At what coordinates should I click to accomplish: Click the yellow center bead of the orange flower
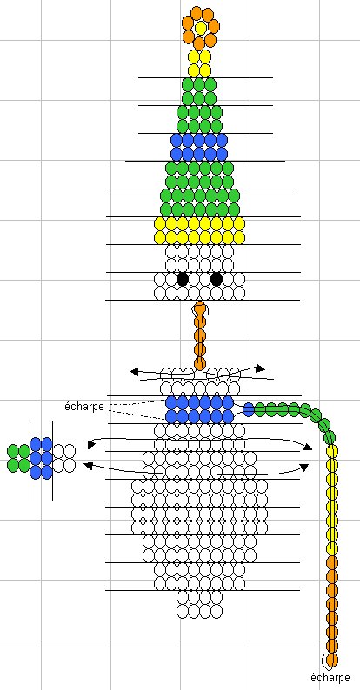coord(201,28)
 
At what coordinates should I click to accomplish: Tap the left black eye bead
coord(183,279)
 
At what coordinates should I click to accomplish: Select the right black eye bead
coord(217,279)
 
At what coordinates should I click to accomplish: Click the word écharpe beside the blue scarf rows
coord(84,406)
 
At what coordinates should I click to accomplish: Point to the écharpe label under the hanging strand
coord(330,677)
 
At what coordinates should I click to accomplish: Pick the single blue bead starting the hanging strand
coord(249,409)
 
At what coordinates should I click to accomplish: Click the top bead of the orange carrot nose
coord(200,308)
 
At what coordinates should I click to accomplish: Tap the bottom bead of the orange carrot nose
coord(200,364)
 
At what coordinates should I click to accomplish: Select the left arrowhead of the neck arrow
coord(134,371)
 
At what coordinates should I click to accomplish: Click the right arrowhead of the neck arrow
coord(262,368)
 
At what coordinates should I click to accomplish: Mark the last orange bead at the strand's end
coord(332,660)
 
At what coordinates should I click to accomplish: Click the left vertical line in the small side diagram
coord(30,461)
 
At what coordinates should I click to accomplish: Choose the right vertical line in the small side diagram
coord(53,461)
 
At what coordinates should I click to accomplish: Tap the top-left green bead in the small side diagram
coord(13,451)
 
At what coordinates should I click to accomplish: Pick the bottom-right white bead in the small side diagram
coord(70,465)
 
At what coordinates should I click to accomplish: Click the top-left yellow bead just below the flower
coord(194,56)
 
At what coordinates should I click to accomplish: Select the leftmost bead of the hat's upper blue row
coord(177,140)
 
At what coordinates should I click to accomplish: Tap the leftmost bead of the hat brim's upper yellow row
coord(160,224)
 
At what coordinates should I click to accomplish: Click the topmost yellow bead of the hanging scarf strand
coord(332,451)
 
